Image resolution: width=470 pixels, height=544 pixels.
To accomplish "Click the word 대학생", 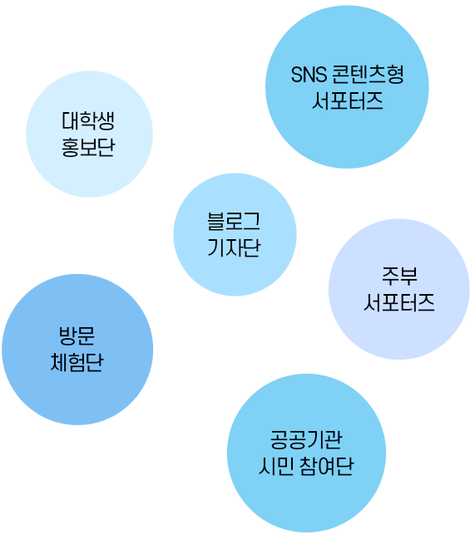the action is tap(88, 120).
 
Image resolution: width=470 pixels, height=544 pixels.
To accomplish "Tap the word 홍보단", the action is tap(88, 148).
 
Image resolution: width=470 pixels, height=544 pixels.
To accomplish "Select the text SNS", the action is tap(309, 75).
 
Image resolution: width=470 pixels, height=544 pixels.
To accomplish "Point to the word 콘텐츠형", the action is tap(368, 74).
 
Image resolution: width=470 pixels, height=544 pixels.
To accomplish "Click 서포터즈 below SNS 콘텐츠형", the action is tap(348, 101).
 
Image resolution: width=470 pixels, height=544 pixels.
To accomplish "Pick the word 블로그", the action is tap(234, 222).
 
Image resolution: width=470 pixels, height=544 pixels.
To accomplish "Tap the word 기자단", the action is tap(234, 247).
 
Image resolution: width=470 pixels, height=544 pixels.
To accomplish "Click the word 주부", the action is tap(399, 277).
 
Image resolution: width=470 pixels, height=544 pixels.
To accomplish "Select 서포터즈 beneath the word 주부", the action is tap(399, 302).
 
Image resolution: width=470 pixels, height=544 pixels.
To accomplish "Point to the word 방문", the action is tap(77, 336).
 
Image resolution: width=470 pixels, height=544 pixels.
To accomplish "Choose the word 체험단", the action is tap(77, 363).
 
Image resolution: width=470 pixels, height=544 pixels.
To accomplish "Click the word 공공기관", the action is tap(306, 439).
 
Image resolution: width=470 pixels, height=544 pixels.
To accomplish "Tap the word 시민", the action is tap(276, 466).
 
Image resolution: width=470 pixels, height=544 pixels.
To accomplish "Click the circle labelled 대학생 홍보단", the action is tap(89, 135).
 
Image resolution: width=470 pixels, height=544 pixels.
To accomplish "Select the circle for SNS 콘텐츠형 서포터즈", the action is tap(347, 86).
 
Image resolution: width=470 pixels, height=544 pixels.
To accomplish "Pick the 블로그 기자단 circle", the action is tap(235, 234).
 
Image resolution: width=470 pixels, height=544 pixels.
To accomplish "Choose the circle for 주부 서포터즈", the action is tap(399, 289).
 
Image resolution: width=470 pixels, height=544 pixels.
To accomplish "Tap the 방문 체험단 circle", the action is tap(77, 350).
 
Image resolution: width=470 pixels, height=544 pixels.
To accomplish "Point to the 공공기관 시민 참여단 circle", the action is tap(306, 453).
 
